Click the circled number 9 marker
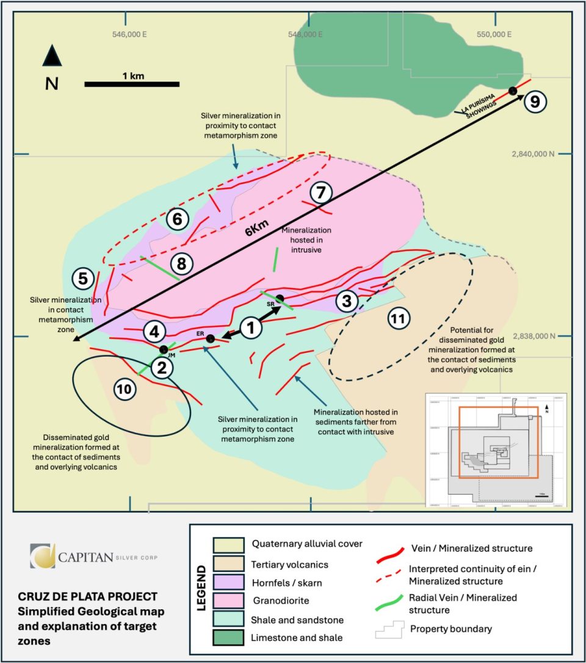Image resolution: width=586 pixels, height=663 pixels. pyautogui.click(x=535, y=101)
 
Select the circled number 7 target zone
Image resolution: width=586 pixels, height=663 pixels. pyautogui.click(x=320, y=193)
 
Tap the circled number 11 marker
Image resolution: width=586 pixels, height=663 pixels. pyautogui.click(x=399, y=318)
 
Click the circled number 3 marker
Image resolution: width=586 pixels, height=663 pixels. pyautogui.click(x=347, y=300)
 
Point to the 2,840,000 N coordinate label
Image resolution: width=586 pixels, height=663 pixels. pyautogui.click(x=533, y=154)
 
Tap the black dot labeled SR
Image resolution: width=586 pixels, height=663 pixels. pyautogui.click(x=280, y=298)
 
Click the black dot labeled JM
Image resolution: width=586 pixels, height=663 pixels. pyautogui.click(x=164, y=349)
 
